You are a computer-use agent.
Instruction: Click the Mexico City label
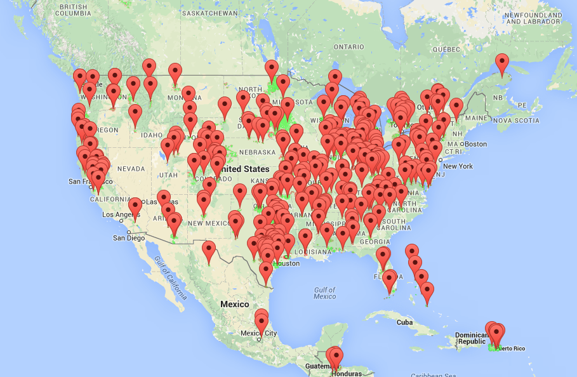(x=258, y=333)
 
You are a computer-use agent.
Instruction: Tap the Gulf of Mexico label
(x=324, y=293)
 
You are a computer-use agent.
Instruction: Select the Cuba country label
(x=404, y=322)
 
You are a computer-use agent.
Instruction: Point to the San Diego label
(x=129, y=238)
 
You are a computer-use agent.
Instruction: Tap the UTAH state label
(x=168, y=175)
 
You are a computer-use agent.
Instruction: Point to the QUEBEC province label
(x=446, y=49)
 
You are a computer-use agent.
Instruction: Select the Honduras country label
(x=346, y=373)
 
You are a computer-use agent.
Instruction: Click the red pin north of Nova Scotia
(x=503, y=64)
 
